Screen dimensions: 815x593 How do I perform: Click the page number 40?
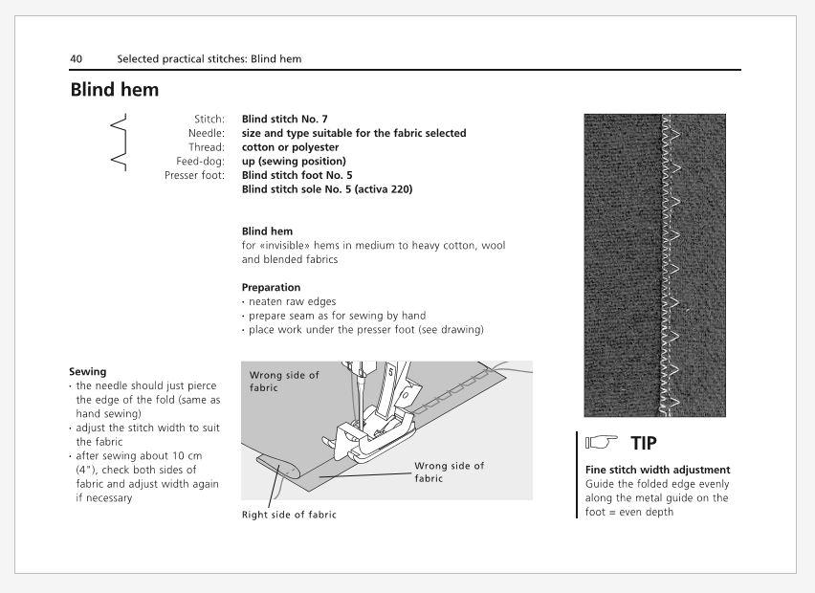[76, 58]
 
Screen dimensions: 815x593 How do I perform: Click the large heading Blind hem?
[115, 89]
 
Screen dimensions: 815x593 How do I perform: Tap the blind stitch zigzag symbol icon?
[119, 142]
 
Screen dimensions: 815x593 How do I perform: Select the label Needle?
[207, 133]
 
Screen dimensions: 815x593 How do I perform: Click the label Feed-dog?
[201, 161]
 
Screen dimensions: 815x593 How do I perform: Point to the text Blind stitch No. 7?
[284, 119]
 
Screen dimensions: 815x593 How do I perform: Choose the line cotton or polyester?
[290, 147]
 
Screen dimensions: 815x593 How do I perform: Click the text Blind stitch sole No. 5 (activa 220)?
[327, 189]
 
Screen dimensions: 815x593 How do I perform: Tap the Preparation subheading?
[271, 287]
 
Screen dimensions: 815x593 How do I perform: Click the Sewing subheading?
[88, 372]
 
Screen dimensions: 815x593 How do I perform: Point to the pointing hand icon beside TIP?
[602, 442]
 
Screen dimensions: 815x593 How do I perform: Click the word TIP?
[644, 444]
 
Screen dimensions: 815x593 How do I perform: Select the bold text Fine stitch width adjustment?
[657, 470]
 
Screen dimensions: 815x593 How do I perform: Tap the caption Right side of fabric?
[289, 515]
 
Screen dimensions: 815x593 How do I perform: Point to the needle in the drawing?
[358, 396]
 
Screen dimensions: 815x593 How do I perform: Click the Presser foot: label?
[194, 175]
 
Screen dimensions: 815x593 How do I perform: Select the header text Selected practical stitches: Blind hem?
[209, 58]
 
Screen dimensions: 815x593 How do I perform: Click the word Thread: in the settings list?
[207, 147]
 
